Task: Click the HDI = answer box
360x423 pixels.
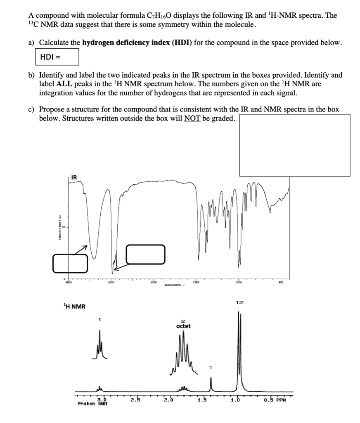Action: pos(57,57)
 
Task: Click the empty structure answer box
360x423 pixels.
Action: pos(294,145)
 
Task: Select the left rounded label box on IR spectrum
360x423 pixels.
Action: pos(70,264)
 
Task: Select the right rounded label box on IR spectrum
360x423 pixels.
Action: pos(145,254)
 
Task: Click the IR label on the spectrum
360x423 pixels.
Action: pos(74,177)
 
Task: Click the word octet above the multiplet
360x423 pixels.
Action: pos(183,326)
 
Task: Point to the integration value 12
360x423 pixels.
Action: pos(239,303)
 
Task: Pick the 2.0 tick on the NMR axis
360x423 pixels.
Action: pos(169,399)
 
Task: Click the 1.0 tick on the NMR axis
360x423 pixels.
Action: pos(237,399)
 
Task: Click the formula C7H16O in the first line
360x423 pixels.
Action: pos(159,16)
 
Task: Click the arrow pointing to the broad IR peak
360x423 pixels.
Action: pos(81,250)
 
